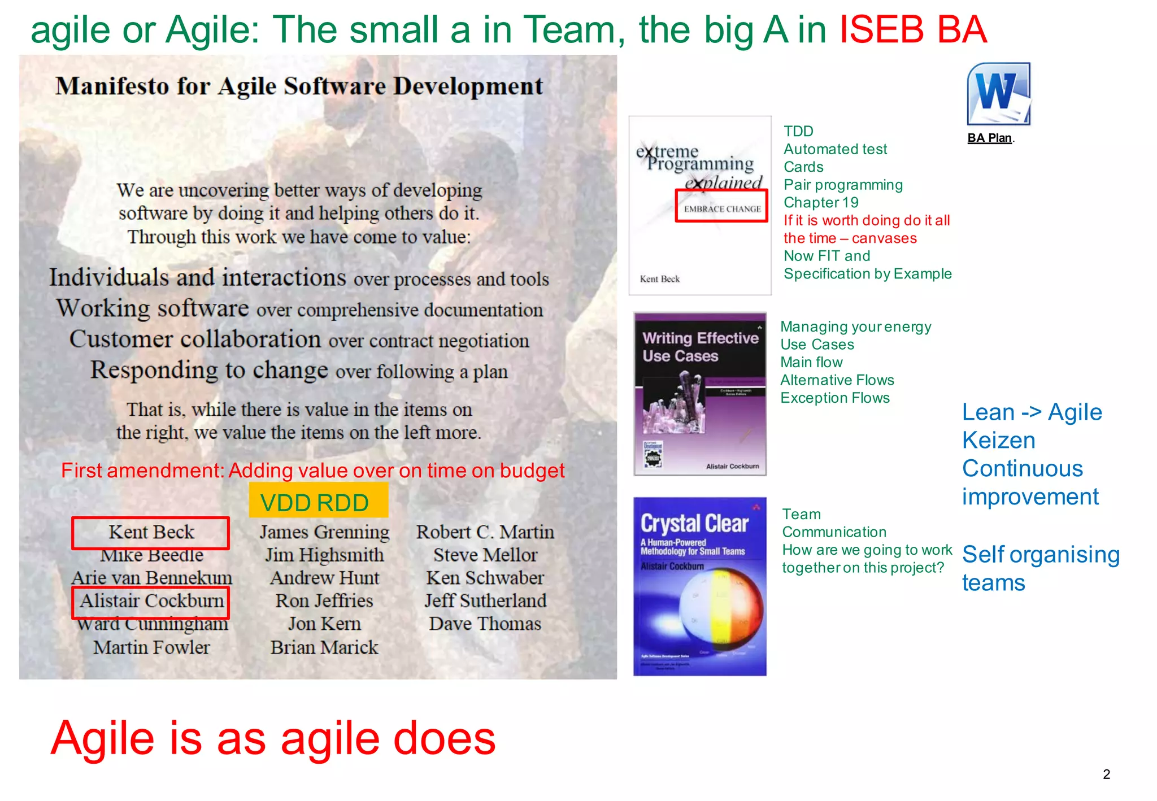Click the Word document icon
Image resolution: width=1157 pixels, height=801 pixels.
pyautogui.click(x=998, y=94)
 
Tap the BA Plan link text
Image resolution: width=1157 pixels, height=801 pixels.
pyautogui.click(x=989, y=138)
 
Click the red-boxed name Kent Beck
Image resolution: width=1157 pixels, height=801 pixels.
pyautogui.click(x=151, y=532)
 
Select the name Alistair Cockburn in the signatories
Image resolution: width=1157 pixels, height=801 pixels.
pyautogui.click(x=151, y=601)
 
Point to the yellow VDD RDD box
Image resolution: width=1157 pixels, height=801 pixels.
pyautogui.click(x=318, y=501)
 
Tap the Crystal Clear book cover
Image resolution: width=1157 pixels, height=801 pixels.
pyautogui.click(x=700, y=586)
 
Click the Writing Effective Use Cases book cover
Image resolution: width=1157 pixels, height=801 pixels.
pyautogui.click(x=700, y=394)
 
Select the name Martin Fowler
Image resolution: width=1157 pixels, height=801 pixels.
pyautogui.click(x=151, y=647)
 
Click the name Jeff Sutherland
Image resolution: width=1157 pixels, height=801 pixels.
pyautogui.click(x=485, y=601)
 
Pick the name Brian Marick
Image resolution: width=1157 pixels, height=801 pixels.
pyautogui.click(x=324, y=647)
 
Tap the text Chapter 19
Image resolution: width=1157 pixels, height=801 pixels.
pyautogui.click(x=821, y=202)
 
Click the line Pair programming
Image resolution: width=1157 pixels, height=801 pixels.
pyautogui.click(x=843, y=185)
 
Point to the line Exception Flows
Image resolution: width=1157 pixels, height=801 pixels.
pyautogui.click(x=834, y=398)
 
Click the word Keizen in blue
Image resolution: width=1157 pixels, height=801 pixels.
pyautogui.click(x=998, y=441)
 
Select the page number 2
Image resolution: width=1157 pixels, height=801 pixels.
pyautogui.click(x=1106, y=774)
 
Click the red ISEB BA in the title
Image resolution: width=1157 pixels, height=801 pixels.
pyautogui.click(x=913, y=29)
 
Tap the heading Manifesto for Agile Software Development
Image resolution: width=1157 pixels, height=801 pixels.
pyautogui.click(x=299, y=86)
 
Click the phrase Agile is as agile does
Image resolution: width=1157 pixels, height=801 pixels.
pyautogui.click(x=273, y=738)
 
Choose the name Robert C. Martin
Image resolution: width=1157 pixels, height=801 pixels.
pyautogui.click(x=485, y=532)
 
